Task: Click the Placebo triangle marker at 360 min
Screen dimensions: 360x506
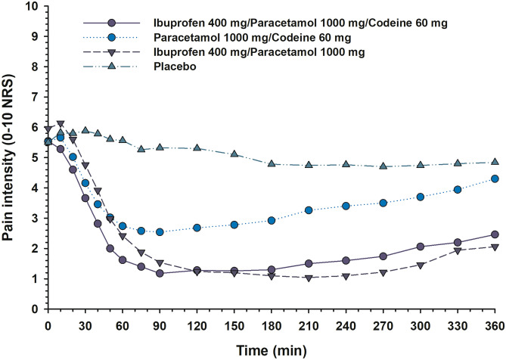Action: pos(495,162)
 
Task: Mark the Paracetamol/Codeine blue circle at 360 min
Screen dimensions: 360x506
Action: pos(495,178)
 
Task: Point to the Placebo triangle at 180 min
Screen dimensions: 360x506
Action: pos(271,163)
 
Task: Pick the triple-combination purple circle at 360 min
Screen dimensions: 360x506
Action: pos(495,234)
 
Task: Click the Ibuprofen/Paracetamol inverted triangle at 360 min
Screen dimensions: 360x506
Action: pos(495,247)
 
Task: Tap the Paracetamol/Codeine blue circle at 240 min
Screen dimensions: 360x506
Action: pos(346,206)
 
